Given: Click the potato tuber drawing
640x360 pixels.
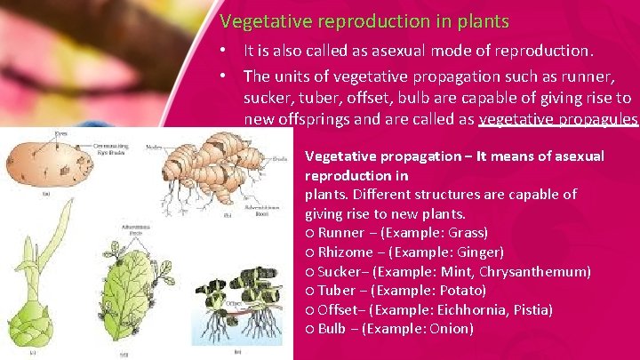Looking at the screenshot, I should (x=40, y=161).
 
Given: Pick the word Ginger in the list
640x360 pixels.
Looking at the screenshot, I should (x=478, y=252).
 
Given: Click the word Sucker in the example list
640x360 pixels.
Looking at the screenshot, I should (x=339, y=272).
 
